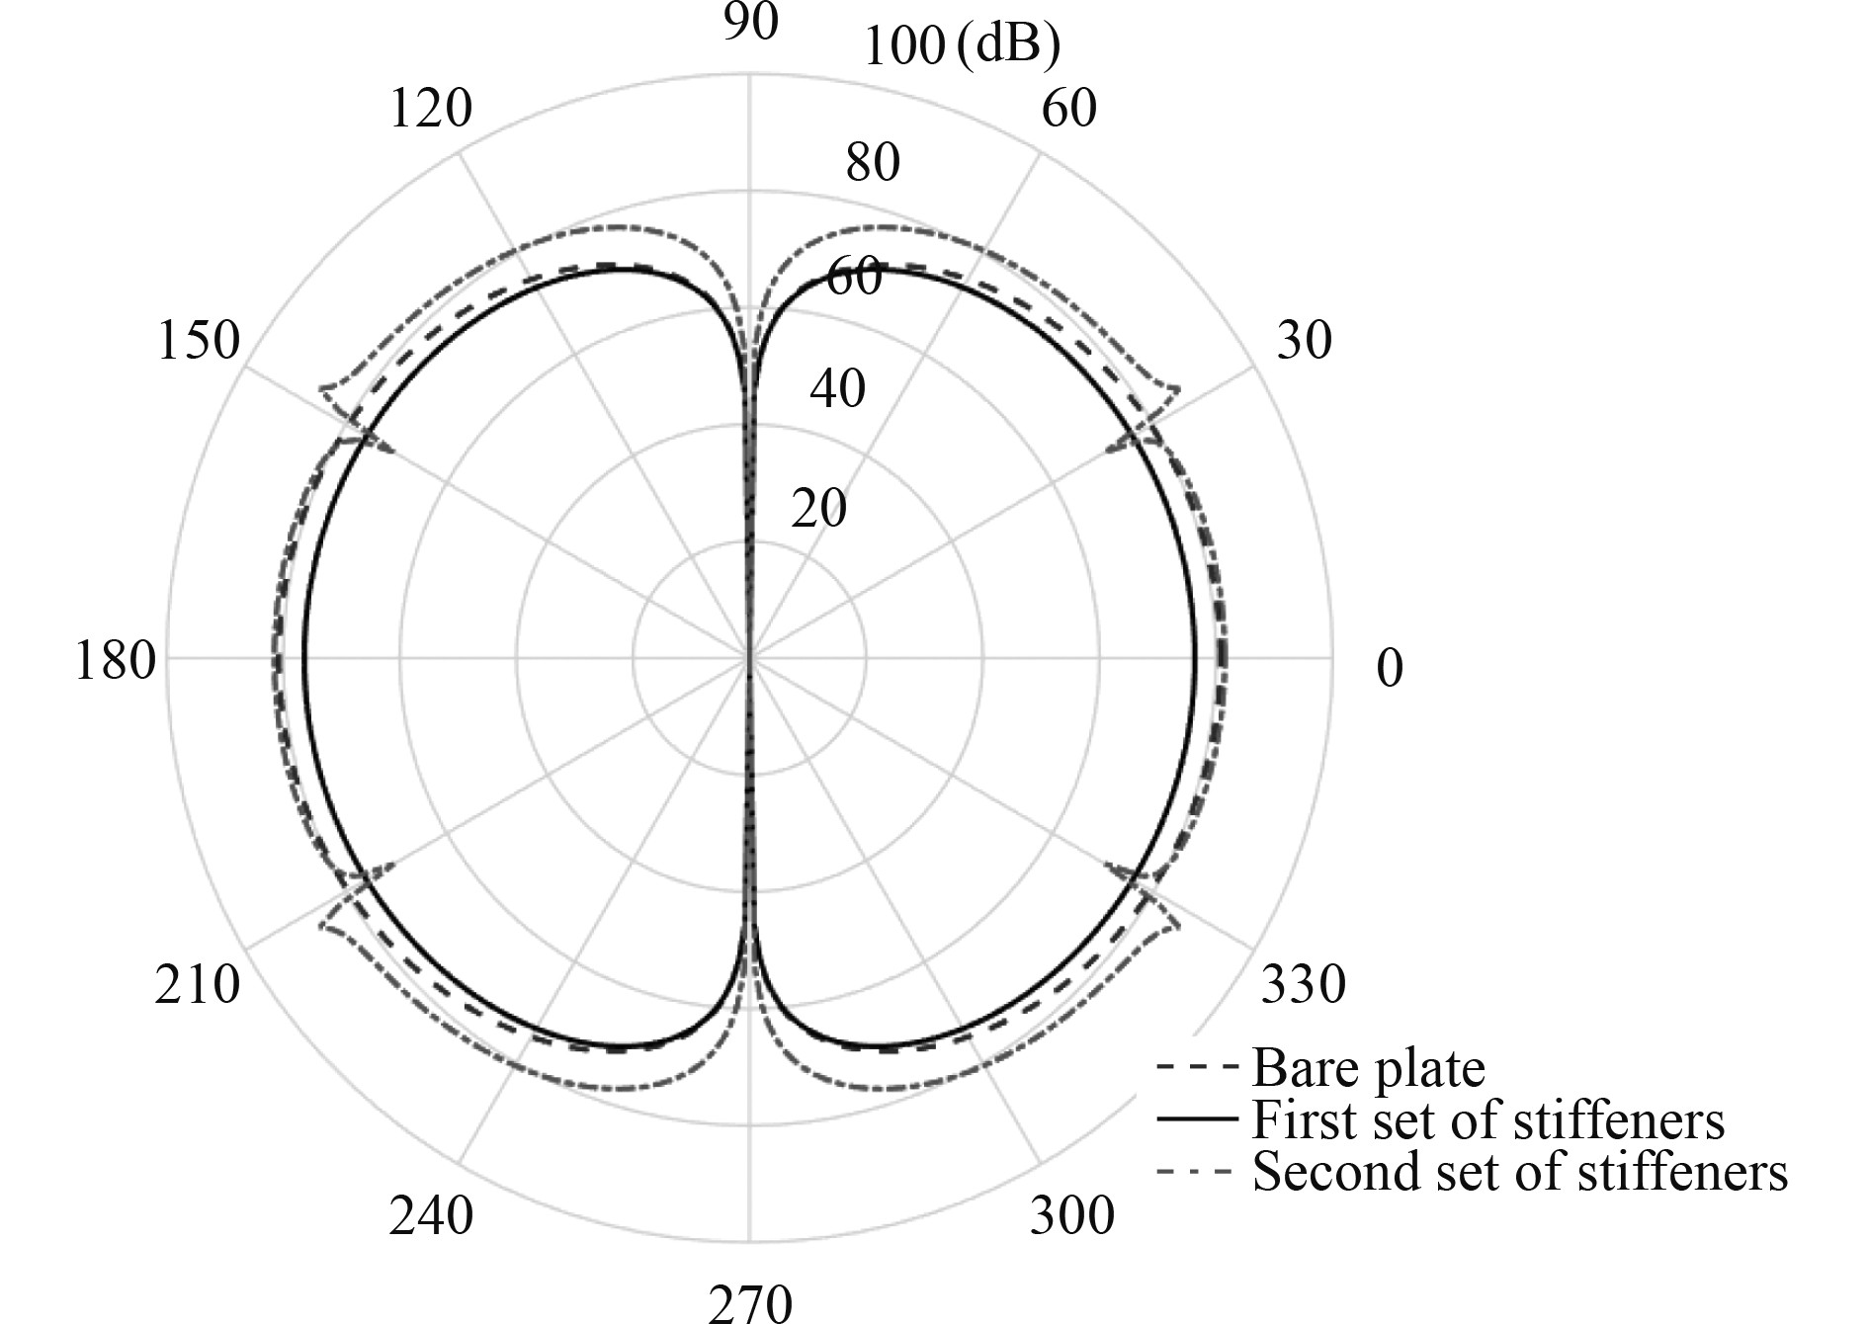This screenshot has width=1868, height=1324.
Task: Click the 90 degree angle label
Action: (x=750, y=22)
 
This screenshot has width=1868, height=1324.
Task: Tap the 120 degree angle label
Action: (x=431, y=108)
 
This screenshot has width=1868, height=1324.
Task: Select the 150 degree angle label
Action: (x=199, y=341)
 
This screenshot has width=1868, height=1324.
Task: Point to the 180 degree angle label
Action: (x=115, y=660)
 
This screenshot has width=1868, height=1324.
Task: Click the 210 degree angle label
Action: (x=197, y=984)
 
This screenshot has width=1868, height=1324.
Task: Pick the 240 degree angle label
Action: (x=431, y=1216)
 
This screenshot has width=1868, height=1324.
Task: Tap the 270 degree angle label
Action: (x=750, y=1303)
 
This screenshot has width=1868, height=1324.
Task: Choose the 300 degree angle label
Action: (x=1071, y=1215)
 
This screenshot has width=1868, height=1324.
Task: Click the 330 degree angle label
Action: (x=1303, y=984)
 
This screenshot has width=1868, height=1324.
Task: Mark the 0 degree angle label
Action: (x=1389, y=668)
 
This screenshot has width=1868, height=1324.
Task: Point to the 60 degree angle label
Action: (x=1069, y=109)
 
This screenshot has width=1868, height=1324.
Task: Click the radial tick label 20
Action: (x=818, y=509)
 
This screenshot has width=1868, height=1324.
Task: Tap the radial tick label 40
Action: (x=837, y=388)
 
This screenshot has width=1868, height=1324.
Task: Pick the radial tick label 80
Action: (x=873, y=162)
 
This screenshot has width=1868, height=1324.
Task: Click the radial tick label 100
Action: (x=903, y=46)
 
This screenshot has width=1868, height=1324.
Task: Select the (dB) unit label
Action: (x=1008, y=44)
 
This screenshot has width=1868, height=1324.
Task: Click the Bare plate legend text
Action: (x=1368, y=1068)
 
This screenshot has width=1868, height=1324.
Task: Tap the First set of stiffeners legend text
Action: (x=1487, y=1120)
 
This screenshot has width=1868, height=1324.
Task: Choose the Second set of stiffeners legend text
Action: (x=1519, y=1173)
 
